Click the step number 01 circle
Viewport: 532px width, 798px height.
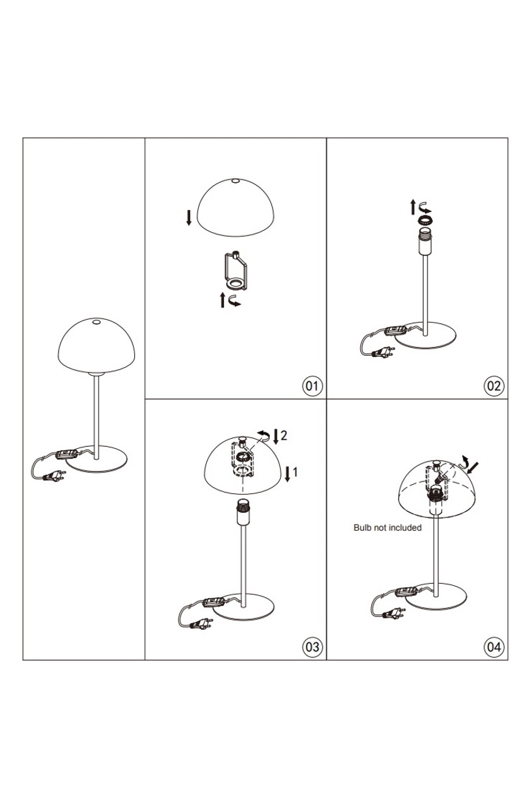[x=312, y=386]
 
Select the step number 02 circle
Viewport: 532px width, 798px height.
[x=494, y=386]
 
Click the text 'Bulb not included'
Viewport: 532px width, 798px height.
[x=387, y=527]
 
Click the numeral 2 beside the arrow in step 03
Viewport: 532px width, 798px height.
[x=284, y=435]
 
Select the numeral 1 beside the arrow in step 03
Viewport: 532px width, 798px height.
[x=295, y=472]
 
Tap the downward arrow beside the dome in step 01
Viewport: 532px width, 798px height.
[x=189, y=217]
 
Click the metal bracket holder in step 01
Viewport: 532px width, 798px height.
[x=235, y=271]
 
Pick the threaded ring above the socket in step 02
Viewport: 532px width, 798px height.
[x=424, y=220]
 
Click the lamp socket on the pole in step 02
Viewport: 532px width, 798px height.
[x=425, y=241]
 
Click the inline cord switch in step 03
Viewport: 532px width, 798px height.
[x=213, y=602]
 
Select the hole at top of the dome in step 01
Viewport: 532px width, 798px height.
[x=235, y=182]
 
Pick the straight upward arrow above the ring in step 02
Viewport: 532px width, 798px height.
[x=413, y=207]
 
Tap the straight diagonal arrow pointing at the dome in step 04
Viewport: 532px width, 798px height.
[x=473, y=468]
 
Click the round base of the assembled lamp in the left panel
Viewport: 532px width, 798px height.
[x=97, y=458]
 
